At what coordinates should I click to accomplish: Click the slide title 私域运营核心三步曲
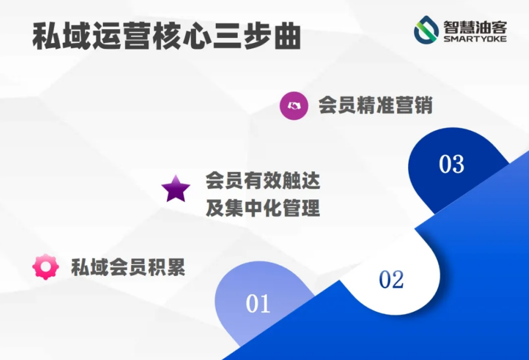[x=167, y=36]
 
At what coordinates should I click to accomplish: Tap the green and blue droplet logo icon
[x=426, y=30]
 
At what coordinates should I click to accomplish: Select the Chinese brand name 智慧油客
[x=475, y=27]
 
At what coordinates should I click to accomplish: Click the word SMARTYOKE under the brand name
[x=475, y=39]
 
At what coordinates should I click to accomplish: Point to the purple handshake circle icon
[x=294, y=106]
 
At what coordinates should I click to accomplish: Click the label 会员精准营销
[x=375, y=105]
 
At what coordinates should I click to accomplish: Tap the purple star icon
[x=175, y=189]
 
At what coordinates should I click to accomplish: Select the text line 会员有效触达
[x=263, y=181]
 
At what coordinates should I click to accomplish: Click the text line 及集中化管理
[x=263, y=208]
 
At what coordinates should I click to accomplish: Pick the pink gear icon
[x=45, y=266]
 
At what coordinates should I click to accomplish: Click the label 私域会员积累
[x=128, y=267]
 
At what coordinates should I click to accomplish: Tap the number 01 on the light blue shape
[x=258, y=303]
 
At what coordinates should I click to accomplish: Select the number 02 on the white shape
[x=391, y=280]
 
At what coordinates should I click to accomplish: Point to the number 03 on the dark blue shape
[x=452, y=164]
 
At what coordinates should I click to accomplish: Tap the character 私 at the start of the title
[x=47, y=36]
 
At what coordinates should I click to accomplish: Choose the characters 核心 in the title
[x=181, y=36]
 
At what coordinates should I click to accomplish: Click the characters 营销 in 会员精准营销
[x=414, y=105]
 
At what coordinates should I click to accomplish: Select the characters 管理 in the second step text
[x=301, y=208]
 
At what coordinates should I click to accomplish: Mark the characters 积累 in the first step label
[x=167, y=267]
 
